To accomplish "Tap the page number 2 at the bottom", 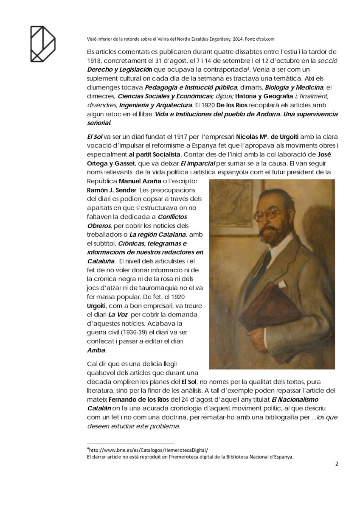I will point(336,464).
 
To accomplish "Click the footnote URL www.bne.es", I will point(149,450).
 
